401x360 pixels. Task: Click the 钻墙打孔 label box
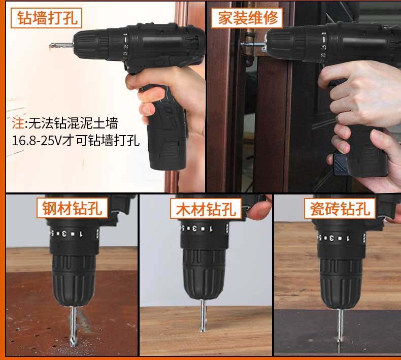pos(46,18)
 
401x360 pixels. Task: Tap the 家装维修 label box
pos(247,18)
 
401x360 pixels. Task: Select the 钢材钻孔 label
pos(73,208)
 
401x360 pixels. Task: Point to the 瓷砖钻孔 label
pos(340,208)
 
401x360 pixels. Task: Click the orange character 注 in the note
pos(18,123)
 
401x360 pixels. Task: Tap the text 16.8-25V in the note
pos(37,141)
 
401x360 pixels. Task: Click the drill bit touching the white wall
pos(61,46)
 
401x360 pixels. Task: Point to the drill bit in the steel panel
pos(74,326)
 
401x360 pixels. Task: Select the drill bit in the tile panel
pos(340,325)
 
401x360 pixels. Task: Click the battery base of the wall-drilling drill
pos(168,160)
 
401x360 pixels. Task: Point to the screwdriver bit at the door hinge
pos(253,45)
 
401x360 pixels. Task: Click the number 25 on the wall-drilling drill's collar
pos(125,47)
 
